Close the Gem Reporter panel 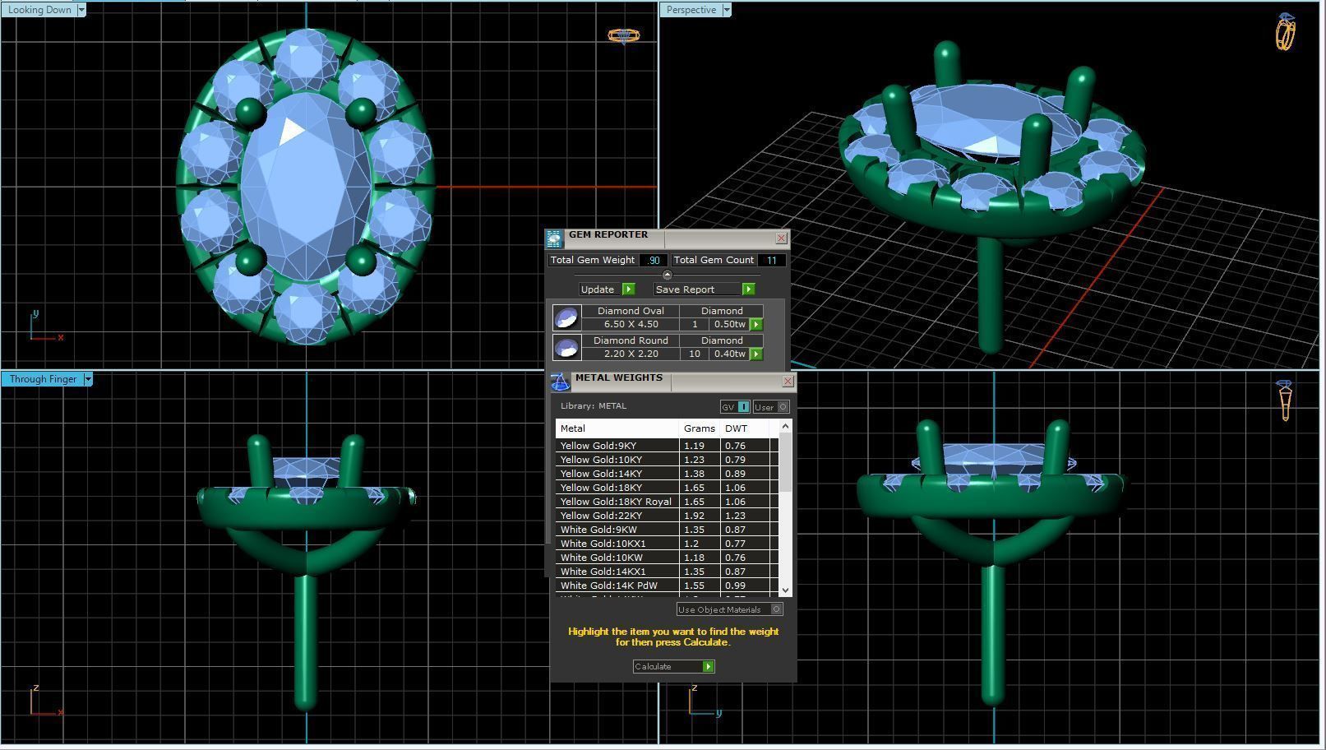781,238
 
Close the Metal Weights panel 788,382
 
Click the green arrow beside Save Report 748,289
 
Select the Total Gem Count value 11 771,260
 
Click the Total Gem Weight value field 653,260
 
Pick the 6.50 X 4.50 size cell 631,324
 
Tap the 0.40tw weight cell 729,354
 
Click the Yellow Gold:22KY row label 601,516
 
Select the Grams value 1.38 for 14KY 695,474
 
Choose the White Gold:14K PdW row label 608,586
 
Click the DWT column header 737,428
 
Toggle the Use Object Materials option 776,609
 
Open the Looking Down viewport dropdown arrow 81,10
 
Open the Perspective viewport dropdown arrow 726,10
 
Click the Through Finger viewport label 43,379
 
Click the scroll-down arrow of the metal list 785,590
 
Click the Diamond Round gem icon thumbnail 566,348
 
